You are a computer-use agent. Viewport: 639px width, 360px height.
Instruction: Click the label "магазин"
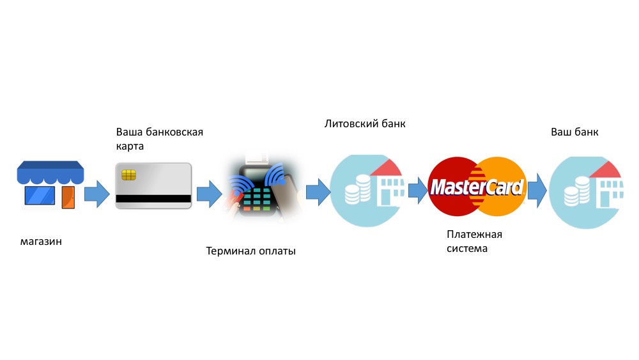tap(41, 241)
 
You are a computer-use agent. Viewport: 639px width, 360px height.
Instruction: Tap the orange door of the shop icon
tap(68, 198)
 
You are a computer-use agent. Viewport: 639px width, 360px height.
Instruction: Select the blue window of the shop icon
tap(40, 196)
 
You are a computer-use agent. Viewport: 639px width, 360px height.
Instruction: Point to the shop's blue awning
tap(50, 172)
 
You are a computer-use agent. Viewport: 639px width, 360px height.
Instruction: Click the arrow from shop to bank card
tap(97, 194)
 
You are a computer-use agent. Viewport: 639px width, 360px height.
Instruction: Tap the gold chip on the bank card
tap(129, 175)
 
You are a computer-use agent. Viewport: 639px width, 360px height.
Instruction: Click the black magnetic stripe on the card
tap(153, 199)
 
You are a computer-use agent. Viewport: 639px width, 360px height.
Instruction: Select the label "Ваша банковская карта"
tap(159, 139)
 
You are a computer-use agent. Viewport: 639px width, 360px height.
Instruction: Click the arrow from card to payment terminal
tap(210, 194)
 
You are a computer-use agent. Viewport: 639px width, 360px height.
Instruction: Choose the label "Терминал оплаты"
tap(250, 251)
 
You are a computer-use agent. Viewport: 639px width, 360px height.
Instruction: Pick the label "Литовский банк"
tap(365, 123)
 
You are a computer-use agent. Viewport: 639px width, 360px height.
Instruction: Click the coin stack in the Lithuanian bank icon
tap(358, 189)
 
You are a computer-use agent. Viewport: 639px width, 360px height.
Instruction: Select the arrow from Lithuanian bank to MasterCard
tap(418, 190)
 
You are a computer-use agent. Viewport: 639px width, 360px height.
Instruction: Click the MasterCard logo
tap(477, 187)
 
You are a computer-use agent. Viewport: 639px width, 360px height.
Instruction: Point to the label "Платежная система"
tap(474, 241)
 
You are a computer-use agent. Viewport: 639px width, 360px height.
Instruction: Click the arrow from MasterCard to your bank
tap(537, 191)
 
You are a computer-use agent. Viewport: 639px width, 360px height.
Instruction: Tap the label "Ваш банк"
tap(574, 132)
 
